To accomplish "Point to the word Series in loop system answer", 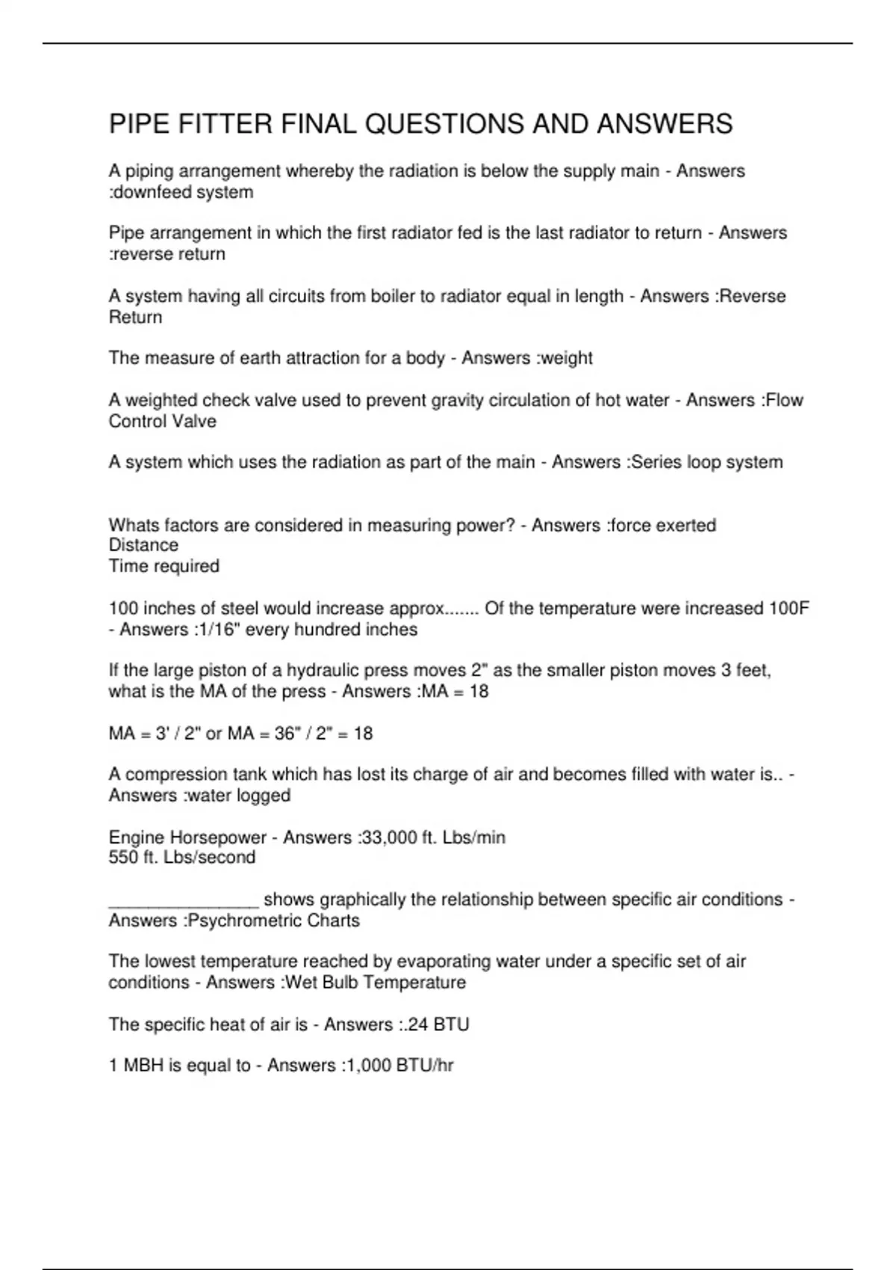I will pos(657,462).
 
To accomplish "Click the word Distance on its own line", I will pos(143,545).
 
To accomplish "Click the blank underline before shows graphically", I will pos(183,900).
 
